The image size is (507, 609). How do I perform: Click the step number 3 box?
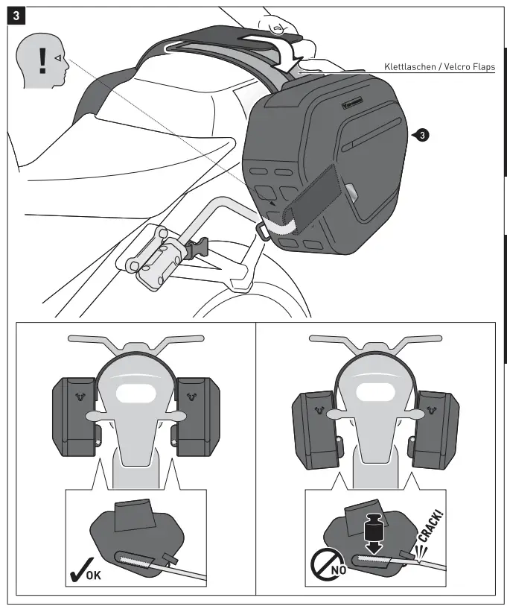pyautogui.click(x=16, y=16)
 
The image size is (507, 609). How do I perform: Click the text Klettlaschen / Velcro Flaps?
pyautogui.click(x=439, y=66)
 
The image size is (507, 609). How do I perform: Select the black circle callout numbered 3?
pyautogui.click(x=421, y=135)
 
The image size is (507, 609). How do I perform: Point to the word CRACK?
pyautogui.click(x=430, y=530)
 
